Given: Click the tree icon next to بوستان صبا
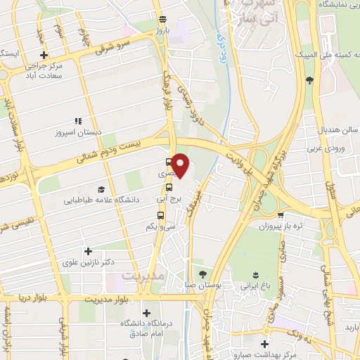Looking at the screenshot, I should [x=202, y=274].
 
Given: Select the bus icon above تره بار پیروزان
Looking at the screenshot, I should [x=281, y=216].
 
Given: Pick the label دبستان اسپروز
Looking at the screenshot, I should [x=79, y=131].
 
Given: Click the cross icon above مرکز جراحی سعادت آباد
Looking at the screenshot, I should [x=44, y=56].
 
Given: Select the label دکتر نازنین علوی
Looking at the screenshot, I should [x=89, y=262].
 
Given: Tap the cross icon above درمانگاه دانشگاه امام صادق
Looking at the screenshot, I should [x=146, y=313].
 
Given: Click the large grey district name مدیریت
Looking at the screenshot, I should [x=143, y=276].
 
